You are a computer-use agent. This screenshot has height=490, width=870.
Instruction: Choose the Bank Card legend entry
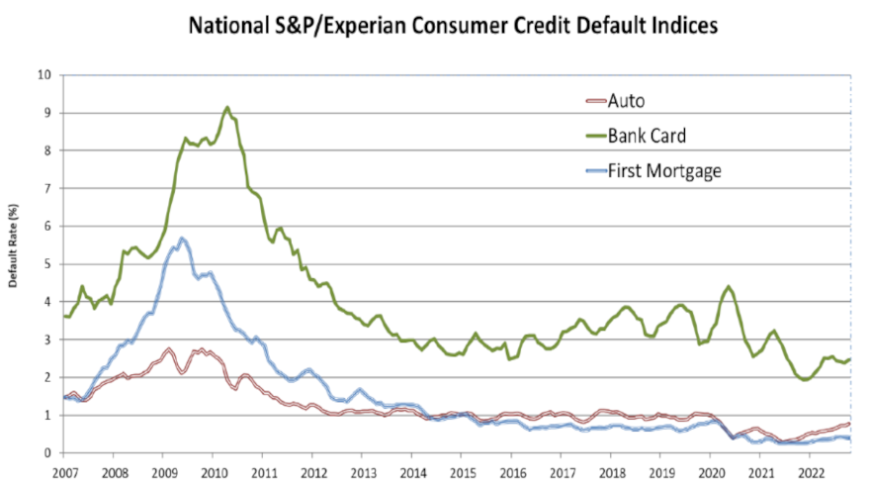646,135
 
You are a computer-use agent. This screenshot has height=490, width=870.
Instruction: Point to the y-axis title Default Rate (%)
16,260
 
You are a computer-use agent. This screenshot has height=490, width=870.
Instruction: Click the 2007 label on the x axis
64,472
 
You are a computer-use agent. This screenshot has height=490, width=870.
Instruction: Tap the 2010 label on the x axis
214,472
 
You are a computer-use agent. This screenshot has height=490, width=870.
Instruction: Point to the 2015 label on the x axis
463,472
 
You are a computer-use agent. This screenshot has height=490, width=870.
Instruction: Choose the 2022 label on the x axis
812,472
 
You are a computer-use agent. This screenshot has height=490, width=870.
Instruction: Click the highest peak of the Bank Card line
227,107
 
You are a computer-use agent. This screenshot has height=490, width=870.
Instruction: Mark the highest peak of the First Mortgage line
182,239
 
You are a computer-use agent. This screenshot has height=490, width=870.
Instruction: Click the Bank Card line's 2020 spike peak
728,286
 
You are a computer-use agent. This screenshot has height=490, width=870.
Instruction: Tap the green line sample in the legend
591,135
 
